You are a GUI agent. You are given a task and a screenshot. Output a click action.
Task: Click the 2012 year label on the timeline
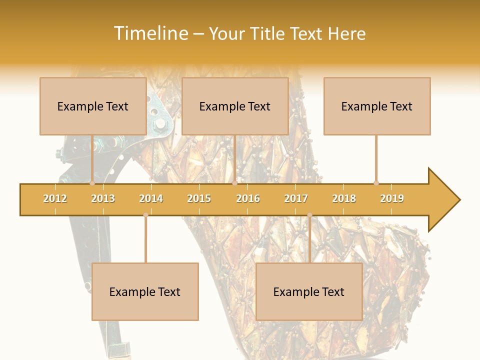[x=55, y=198]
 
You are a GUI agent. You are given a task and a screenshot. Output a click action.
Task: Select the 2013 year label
[x=103, y=198]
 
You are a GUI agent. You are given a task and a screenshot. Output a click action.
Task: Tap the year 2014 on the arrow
[x=151, y=198]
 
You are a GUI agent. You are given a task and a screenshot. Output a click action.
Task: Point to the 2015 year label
[x=199, y=198]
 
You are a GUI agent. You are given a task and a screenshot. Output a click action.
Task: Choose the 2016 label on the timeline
[x=248, y=198]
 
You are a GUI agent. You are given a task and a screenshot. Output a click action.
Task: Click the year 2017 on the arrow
[x=296, y=198]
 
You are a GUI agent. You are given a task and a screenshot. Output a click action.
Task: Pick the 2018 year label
[x=344, y=198]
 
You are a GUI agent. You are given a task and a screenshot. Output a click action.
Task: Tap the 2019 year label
[x=392, y=198]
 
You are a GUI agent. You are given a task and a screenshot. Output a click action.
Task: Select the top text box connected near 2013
[x=93, y=106]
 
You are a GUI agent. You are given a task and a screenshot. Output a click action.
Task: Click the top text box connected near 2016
[x=235, y=106]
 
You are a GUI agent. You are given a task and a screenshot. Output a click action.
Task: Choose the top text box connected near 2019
[x=377, y=106]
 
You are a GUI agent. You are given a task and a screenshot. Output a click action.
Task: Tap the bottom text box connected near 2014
[x=145, y=291]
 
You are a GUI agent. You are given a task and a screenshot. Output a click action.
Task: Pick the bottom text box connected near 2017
[x=309, y=291]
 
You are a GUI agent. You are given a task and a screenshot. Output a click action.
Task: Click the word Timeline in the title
[x=150, y=33]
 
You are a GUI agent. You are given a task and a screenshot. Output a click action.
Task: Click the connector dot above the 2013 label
[x=92, y=183]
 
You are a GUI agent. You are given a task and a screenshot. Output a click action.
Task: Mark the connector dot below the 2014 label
[x=145, y=215]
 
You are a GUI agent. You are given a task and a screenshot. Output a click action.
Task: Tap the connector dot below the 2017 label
[x=309, y=215]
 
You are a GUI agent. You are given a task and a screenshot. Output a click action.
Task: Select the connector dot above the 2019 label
[x=376, y=183]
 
